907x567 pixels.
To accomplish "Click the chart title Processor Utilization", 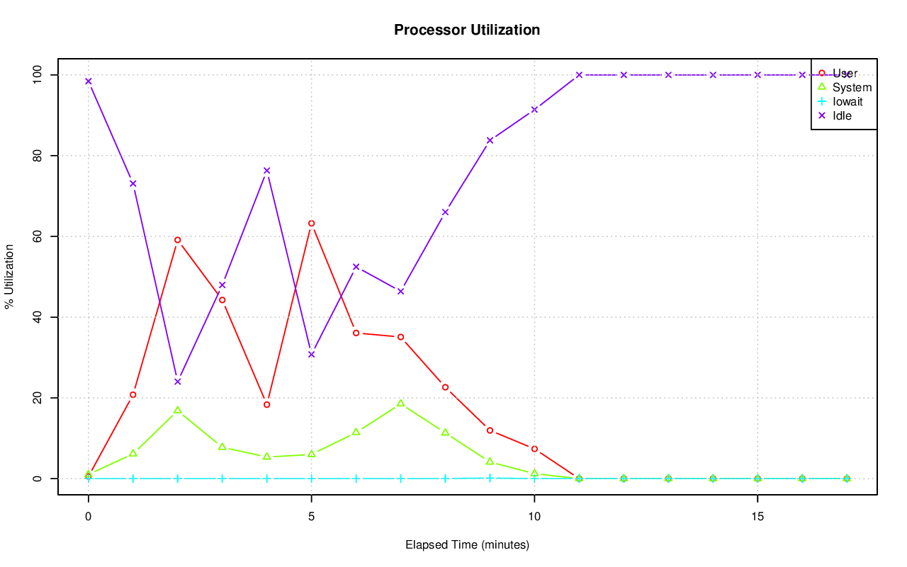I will [x=467, y=30].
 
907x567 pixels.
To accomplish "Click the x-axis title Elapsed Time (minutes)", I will [x=467, y=545].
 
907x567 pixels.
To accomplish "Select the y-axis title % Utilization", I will [x=9, y=277].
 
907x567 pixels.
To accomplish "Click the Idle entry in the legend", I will [x=842, y=115].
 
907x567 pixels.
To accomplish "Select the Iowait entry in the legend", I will [x=847, y=101].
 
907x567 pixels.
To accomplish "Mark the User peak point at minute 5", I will [x=311, y=224].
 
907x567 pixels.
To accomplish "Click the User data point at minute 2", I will [x=177, y=240].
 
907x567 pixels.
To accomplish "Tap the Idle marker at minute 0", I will [x=88, y=81].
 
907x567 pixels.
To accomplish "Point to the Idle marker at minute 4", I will [x=266, y=171].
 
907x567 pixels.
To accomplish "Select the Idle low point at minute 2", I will [x=177, y=382].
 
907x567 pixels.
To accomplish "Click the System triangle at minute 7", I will [x=400, y=403].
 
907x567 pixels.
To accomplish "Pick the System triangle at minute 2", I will [x=177, y=410].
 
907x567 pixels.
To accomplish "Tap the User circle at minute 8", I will [x=445, y=387].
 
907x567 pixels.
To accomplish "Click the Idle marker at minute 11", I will [x=579, y=75].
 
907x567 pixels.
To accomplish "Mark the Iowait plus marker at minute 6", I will [x=356, y=479].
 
